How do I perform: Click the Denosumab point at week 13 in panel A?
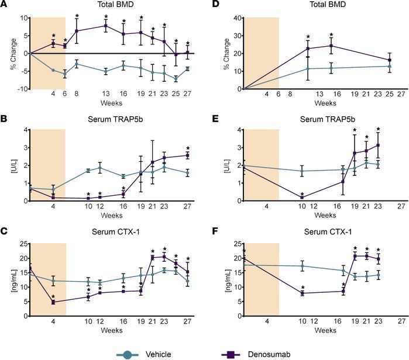pyautogui.click(x=105, y=26)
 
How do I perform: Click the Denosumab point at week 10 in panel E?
pyautogui.click(x=302, y=198)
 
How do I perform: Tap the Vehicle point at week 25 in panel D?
pyautogui.click(x=390, y=66)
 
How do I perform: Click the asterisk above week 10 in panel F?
pyautogui.click(x=302, y=286)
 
